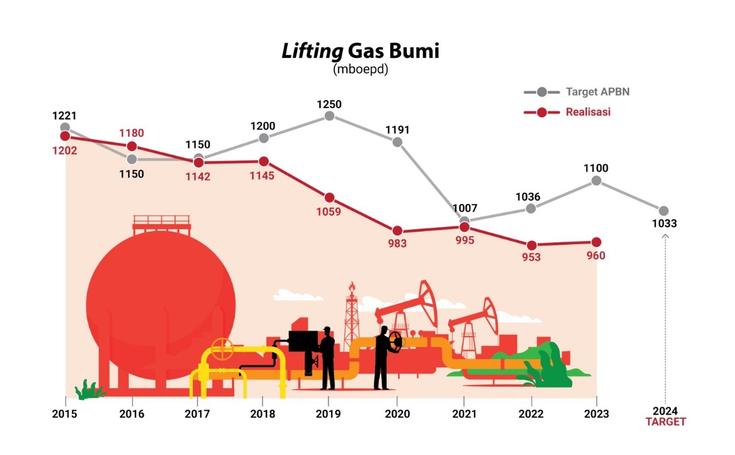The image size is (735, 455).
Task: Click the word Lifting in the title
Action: point(312,51)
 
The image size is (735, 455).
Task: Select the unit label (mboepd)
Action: point(361,69)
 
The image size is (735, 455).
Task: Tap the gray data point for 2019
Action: point(329,116)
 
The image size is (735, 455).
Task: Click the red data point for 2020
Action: point(397,231)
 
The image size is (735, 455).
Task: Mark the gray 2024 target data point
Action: point(664,211)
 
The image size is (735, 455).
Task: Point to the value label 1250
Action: point(329,104)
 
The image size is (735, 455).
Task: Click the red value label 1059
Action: point(328,211)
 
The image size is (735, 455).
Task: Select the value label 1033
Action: point(664,224)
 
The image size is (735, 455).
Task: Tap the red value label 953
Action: point(531,257)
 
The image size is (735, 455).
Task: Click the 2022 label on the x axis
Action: point(531,414)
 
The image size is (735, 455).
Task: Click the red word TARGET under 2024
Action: point(665,422)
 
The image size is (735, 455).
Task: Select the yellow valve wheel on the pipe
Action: point(222,347)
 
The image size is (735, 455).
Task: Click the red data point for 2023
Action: point(596,242)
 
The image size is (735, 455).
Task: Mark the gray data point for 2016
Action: point(131,159)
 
